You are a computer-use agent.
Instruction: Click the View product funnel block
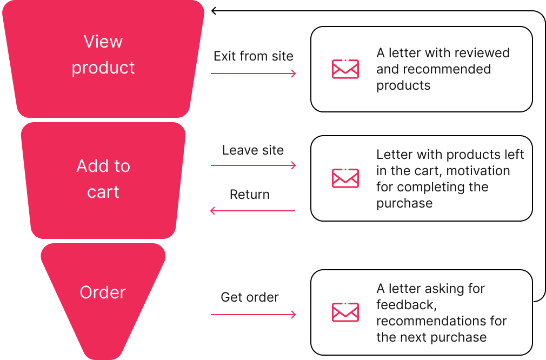click(x=103, y=92)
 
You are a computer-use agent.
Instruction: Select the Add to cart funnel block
click(x=103, y=216)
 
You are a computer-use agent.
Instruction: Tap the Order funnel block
click(x=103, y=319)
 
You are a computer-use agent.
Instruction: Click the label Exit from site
click(x=253, y=56)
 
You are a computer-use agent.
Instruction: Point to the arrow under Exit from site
click(x=253, y=73)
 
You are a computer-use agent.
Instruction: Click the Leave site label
click(x=252, y=150)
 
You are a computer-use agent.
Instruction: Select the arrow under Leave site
click(x=253, y=165)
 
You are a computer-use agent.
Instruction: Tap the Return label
click(x=249, y=194)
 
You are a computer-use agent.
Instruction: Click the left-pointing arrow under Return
click(x=252, y=210)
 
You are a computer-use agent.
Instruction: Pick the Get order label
click(x=250, y=297)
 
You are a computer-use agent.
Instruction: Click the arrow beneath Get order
click(x=253, y=314)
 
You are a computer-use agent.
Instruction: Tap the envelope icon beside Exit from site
click(x=345, y=69)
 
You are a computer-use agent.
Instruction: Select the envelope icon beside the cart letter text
click(x=345, y=178)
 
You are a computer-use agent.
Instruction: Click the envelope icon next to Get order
click(x=345, y=312)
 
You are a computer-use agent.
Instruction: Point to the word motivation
click(x=481, y=170)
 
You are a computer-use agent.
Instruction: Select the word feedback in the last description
click(x=405, y=305)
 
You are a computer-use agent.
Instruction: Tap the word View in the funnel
click(x=103, y=42)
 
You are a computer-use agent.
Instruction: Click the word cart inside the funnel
click(x=103, y=192)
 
